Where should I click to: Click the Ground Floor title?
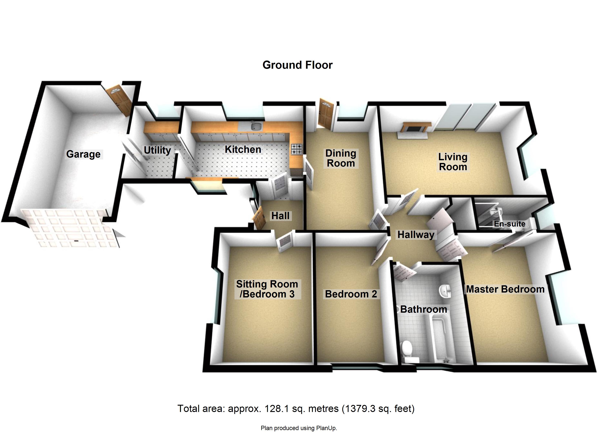[x=297, y=65]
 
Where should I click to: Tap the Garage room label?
[x=83, y=154]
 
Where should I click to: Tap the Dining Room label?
[x=341, y=158]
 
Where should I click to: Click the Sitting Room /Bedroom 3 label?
[x=267, y=289]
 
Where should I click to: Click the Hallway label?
[x=416, y=235]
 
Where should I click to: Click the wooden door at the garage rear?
[x=119, y=100]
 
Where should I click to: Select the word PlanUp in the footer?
[x=327, y=428]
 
